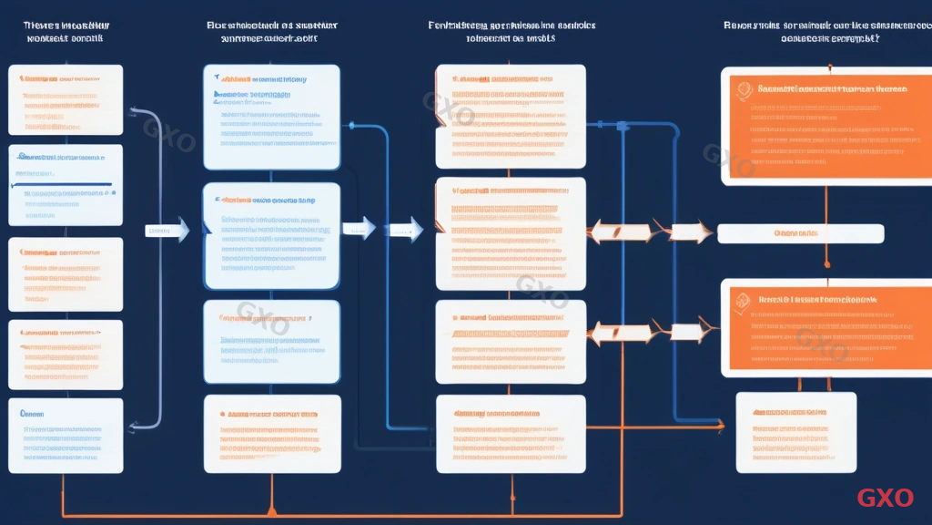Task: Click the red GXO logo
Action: [885, 498]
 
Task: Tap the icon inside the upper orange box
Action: [744, 89]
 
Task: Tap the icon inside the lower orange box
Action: [744, 299]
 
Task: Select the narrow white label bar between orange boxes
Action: [800, 233]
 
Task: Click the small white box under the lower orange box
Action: [795, 431]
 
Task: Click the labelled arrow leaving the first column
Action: [167, 231]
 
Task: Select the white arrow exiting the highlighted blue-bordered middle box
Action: [359, 228]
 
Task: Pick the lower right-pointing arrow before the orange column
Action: [689, 332]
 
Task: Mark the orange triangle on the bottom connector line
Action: [270, 511]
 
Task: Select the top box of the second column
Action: [271, 117]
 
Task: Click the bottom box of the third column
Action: [511, 434]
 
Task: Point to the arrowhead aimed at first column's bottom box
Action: [133, 425]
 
